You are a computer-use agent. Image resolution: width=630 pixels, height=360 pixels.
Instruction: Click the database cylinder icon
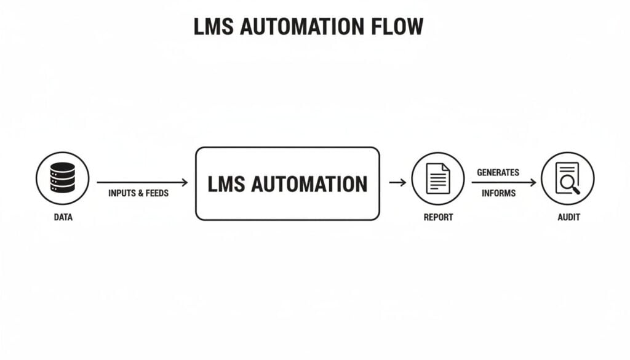tap(62, 178)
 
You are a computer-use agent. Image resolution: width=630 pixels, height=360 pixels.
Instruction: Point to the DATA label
tap(62, 217)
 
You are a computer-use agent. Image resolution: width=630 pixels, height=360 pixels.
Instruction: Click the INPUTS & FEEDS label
tap(138, 193)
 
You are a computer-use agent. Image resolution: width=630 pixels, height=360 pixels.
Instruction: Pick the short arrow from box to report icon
tap(397, 182)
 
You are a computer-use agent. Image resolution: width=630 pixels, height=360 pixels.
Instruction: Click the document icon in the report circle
tap(438, 178)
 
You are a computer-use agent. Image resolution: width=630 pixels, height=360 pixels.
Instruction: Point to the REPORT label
tap(438, 217)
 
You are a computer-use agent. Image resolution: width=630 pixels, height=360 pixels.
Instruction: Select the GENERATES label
tap(498, 172)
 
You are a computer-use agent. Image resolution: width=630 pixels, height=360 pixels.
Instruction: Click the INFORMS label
tap(498, 193)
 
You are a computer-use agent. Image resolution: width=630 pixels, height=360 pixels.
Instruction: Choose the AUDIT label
tap(567, 217)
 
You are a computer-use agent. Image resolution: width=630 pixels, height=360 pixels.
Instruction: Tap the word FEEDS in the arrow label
tap(156, 193)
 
